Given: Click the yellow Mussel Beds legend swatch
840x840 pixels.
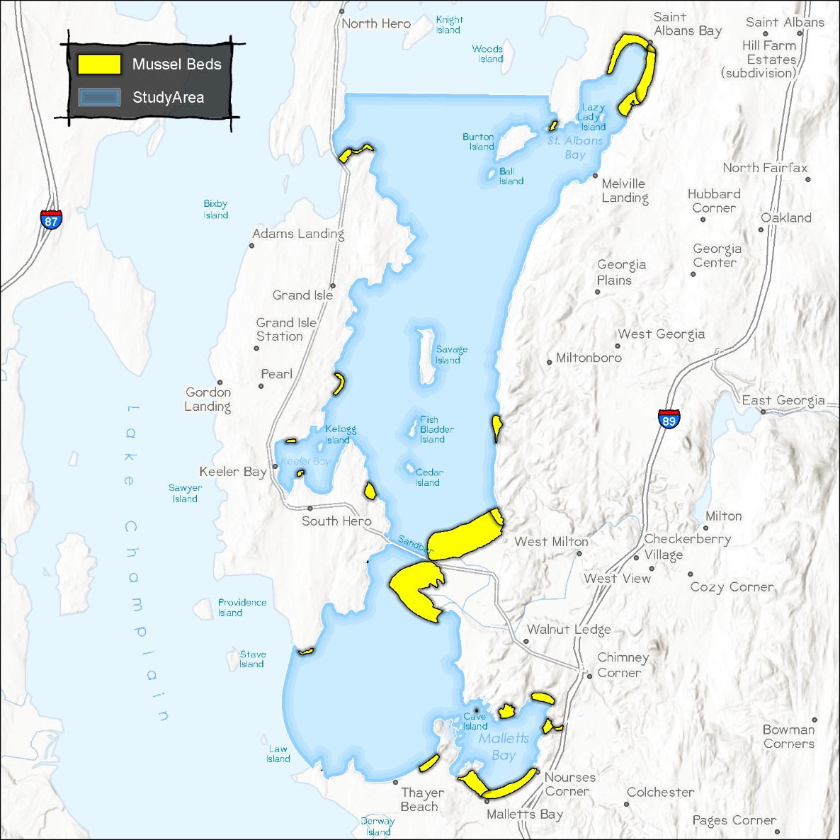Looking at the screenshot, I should [x=99, y=64].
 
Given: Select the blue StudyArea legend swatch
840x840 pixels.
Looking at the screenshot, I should [x=99, y=98].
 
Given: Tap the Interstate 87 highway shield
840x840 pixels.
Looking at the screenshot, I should [x=51, y=219].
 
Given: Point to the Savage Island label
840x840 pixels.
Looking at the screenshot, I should [x=450, y=355].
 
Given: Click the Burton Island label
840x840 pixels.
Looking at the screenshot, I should [x=479, y=142].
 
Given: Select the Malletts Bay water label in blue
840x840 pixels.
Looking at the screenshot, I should [x=504, y=747].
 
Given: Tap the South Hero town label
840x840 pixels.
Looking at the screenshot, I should [x=336, y=521].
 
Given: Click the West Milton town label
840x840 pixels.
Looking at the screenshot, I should [x=551, y=542].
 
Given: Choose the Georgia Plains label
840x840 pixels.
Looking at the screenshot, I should [x=620, y=272].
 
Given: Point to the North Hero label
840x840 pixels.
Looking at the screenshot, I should [x=376, y=23].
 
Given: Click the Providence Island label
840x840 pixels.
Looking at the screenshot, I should [x=242, y=608].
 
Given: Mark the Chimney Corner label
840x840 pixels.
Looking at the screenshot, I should [x=622, y=665].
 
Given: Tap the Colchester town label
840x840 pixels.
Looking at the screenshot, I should [x=660, y=792].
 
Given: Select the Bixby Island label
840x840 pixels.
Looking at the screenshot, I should [x=215, y=210].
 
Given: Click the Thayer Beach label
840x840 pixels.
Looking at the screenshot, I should [x=421, y=800].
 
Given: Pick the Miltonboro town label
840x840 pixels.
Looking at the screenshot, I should [x=589, y=358].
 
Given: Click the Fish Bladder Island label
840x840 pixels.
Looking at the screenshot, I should [x=436, y=429].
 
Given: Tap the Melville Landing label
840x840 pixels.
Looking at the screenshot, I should [x=624, y=191].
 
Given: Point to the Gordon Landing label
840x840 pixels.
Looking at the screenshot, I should [x=208, y=399].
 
